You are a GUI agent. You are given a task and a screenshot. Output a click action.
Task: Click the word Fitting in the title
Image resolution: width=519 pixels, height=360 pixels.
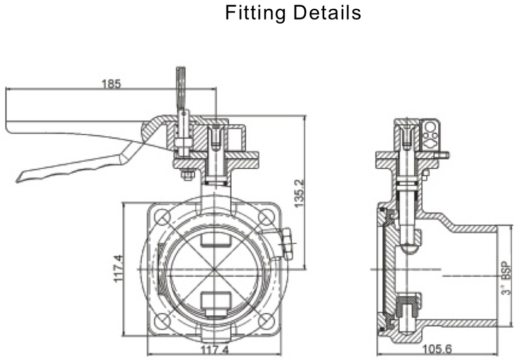[255, 13]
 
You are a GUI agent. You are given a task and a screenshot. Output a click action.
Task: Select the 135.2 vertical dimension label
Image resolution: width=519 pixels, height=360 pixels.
[299, 193]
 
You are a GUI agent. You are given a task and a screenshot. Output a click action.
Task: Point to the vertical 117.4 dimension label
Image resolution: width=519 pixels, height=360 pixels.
[117, 269]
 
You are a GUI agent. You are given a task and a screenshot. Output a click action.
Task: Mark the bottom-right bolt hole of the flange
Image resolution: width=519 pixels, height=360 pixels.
[267, 321]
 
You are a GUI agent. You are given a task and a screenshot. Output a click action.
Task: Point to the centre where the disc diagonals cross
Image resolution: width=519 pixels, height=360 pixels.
[214, 269]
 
